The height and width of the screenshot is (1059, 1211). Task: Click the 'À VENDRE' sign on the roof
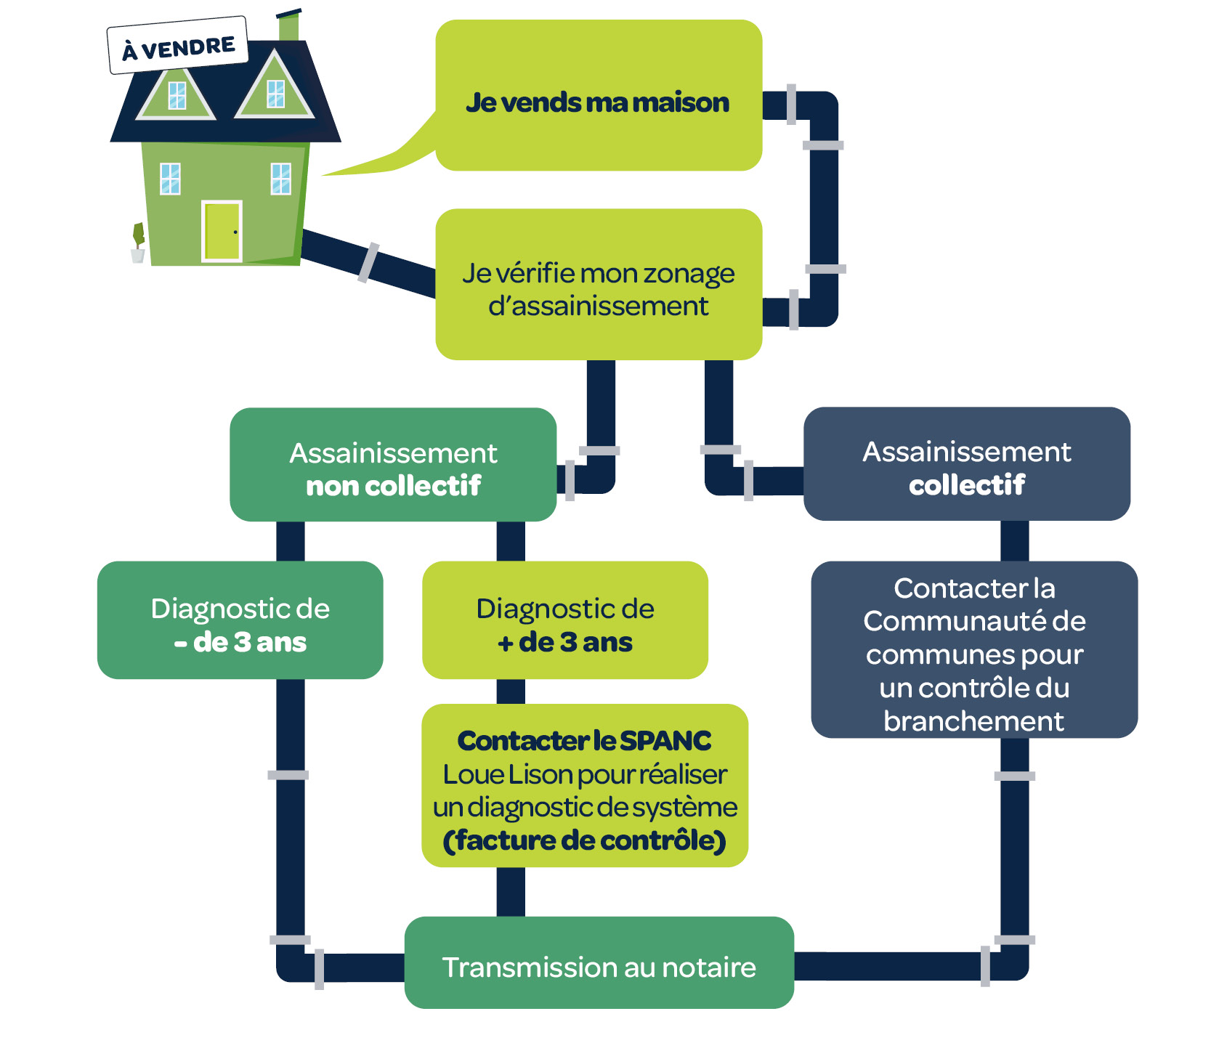tap(178, 46)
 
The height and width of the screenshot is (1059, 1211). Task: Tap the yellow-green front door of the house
tap(222, 231)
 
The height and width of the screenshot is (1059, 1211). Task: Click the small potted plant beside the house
tap(138, 244)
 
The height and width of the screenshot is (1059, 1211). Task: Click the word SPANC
tap(665, 741)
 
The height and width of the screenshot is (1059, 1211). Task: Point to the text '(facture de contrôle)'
tap(585, 840)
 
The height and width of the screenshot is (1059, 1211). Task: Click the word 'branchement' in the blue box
tap(973, 721)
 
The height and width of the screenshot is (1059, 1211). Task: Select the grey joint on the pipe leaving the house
tap(368, 262)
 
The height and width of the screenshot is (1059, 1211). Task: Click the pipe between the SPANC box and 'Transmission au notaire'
tap(511, 892)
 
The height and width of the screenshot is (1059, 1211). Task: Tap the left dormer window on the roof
tap(177, 95)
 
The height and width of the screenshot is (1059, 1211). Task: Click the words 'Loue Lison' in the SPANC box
tap(489, 774)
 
